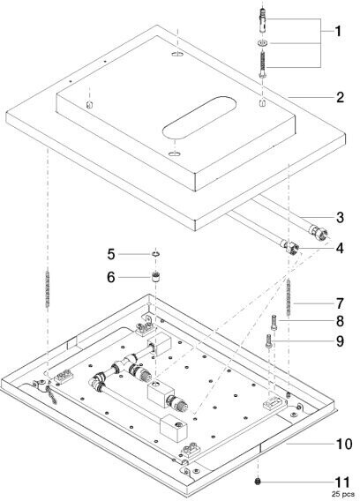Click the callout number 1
[x=338, y=32]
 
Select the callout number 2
[x=340, y=97]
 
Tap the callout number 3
[x=340, y=217]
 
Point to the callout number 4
[x=340, y=248]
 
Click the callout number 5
[x=111, y=254]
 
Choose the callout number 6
[x=111, y=277]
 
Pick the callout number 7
[x=340, y=303]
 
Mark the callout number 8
[x=340, y=321]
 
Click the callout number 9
[x=340, y=341]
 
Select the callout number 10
[x=344, y=444]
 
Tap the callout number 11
[x=342, y=482]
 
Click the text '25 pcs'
[x=342, y=494]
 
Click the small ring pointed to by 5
[x=155, y=254]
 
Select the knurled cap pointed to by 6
[x=155, y=276]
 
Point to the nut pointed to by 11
[x=258, y=482]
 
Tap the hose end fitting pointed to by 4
[x=292, y=247]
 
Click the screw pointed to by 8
[x=274, y=323]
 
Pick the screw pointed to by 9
[x=268, y=341]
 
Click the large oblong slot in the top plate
[x=199, y=117]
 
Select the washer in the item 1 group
[x=262, y=43]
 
